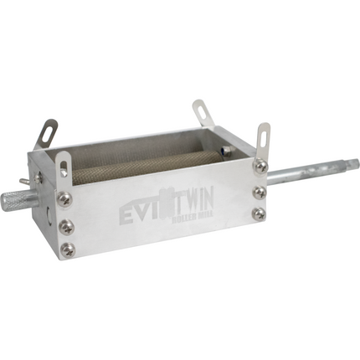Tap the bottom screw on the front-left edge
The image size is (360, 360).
pyautogui.click(x=69, y=249)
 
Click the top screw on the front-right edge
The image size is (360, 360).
pyautogui.click(x=261, y=167)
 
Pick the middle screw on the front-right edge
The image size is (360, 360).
pyautogui.click(x=260, y=192)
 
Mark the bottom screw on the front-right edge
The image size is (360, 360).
pyautogui.click(x=260, y=213)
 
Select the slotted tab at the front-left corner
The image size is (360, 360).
pyautogui.click(x=63, y=163)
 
